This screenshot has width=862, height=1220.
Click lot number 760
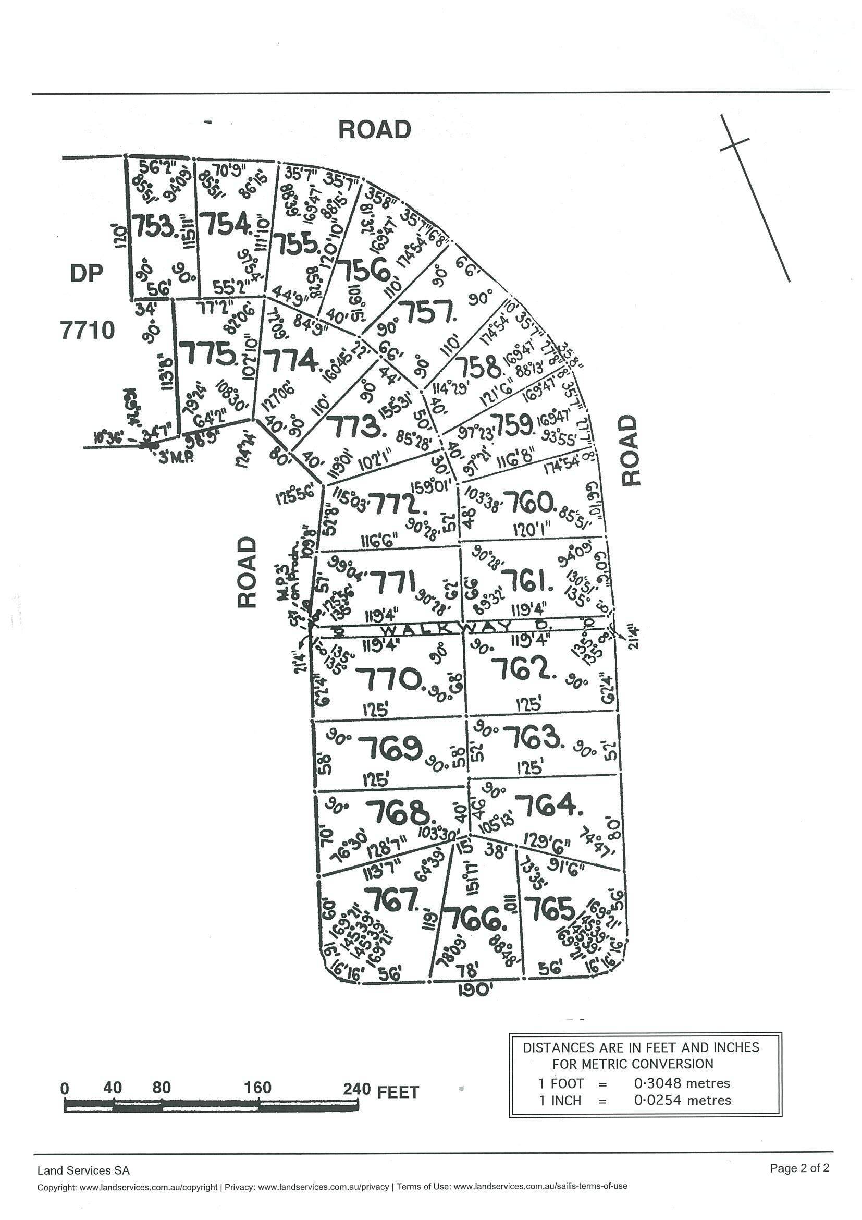click(x=533, y=502)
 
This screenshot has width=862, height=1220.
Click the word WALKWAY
click(x=423, y=629)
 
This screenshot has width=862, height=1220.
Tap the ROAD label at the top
click(x=374, y=130)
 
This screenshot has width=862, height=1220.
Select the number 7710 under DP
click(x=88, y=331)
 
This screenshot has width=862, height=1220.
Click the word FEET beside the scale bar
click(x=398, y=1092)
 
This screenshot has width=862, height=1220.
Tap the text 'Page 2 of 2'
click(x=799, y=1168)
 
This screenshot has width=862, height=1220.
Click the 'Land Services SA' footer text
click(x=83, y=1170)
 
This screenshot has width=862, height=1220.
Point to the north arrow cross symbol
click(x=734, y=143)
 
